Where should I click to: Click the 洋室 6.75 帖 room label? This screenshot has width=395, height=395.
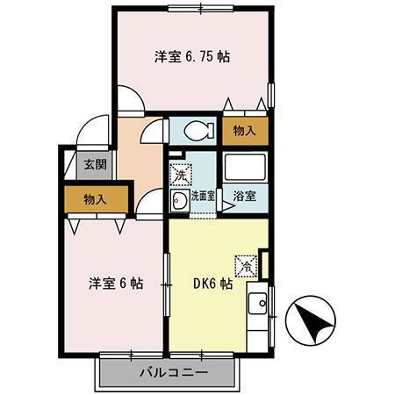point(192,56)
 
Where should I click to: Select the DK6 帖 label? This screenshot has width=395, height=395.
point(212,284)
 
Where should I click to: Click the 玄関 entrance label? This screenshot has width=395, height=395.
point(95,163)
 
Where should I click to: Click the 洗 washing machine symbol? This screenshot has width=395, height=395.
point(180,174)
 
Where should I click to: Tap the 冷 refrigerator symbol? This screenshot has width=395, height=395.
point(245,262)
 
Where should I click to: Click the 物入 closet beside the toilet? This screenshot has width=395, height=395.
point(245,131)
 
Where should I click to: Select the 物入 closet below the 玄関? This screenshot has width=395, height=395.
point(95,199)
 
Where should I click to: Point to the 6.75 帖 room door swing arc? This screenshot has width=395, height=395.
point(129,97)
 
